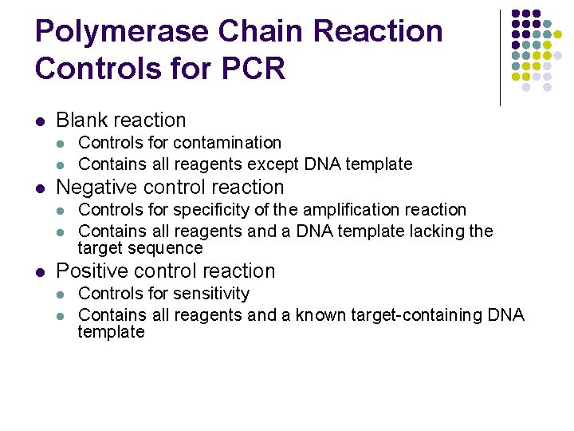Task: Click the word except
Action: pos(273,164)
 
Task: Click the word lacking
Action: pos(439,231)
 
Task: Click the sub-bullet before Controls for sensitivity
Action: pos(62,295)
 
